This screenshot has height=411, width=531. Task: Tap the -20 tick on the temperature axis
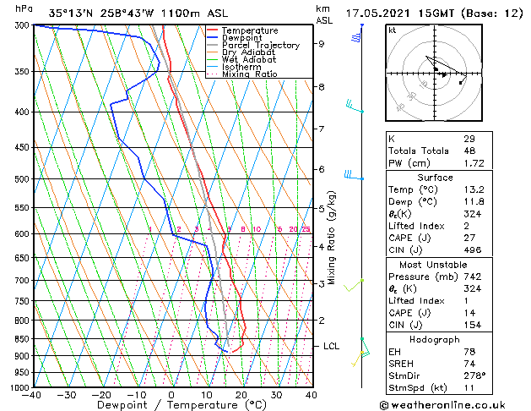coord(101,395)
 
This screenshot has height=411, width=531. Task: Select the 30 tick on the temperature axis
coord(276,395)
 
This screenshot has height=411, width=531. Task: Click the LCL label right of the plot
coord(331,346)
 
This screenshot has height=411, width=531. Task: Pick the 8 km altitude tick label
coord(321,86)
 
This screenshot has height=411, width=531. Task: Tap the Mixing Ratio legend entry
coord(249,74)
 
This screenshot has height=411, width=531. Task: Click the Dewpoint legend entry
coord(241,38)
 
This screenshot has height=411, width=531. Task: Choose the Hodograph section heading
coord(435,339)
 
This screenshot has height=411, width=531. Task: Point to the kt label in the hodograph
coord(393,30)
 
